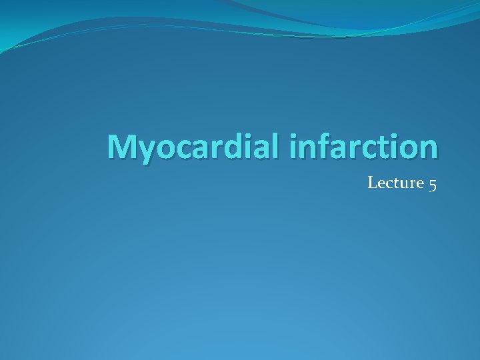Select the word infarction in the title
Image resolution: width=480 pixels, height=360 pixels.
pyautogui.click(x=364, y=147)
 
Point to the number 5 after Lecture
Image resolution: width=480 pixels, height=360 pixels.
pyautogui.click(x=433, y=183)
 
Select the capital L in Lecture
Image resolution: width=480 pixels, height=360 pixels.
pyautogui.click(x=372, y=183)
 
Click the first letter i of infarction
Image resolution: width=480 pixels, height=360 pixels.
pyautogui.click(x=294, y=147)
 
